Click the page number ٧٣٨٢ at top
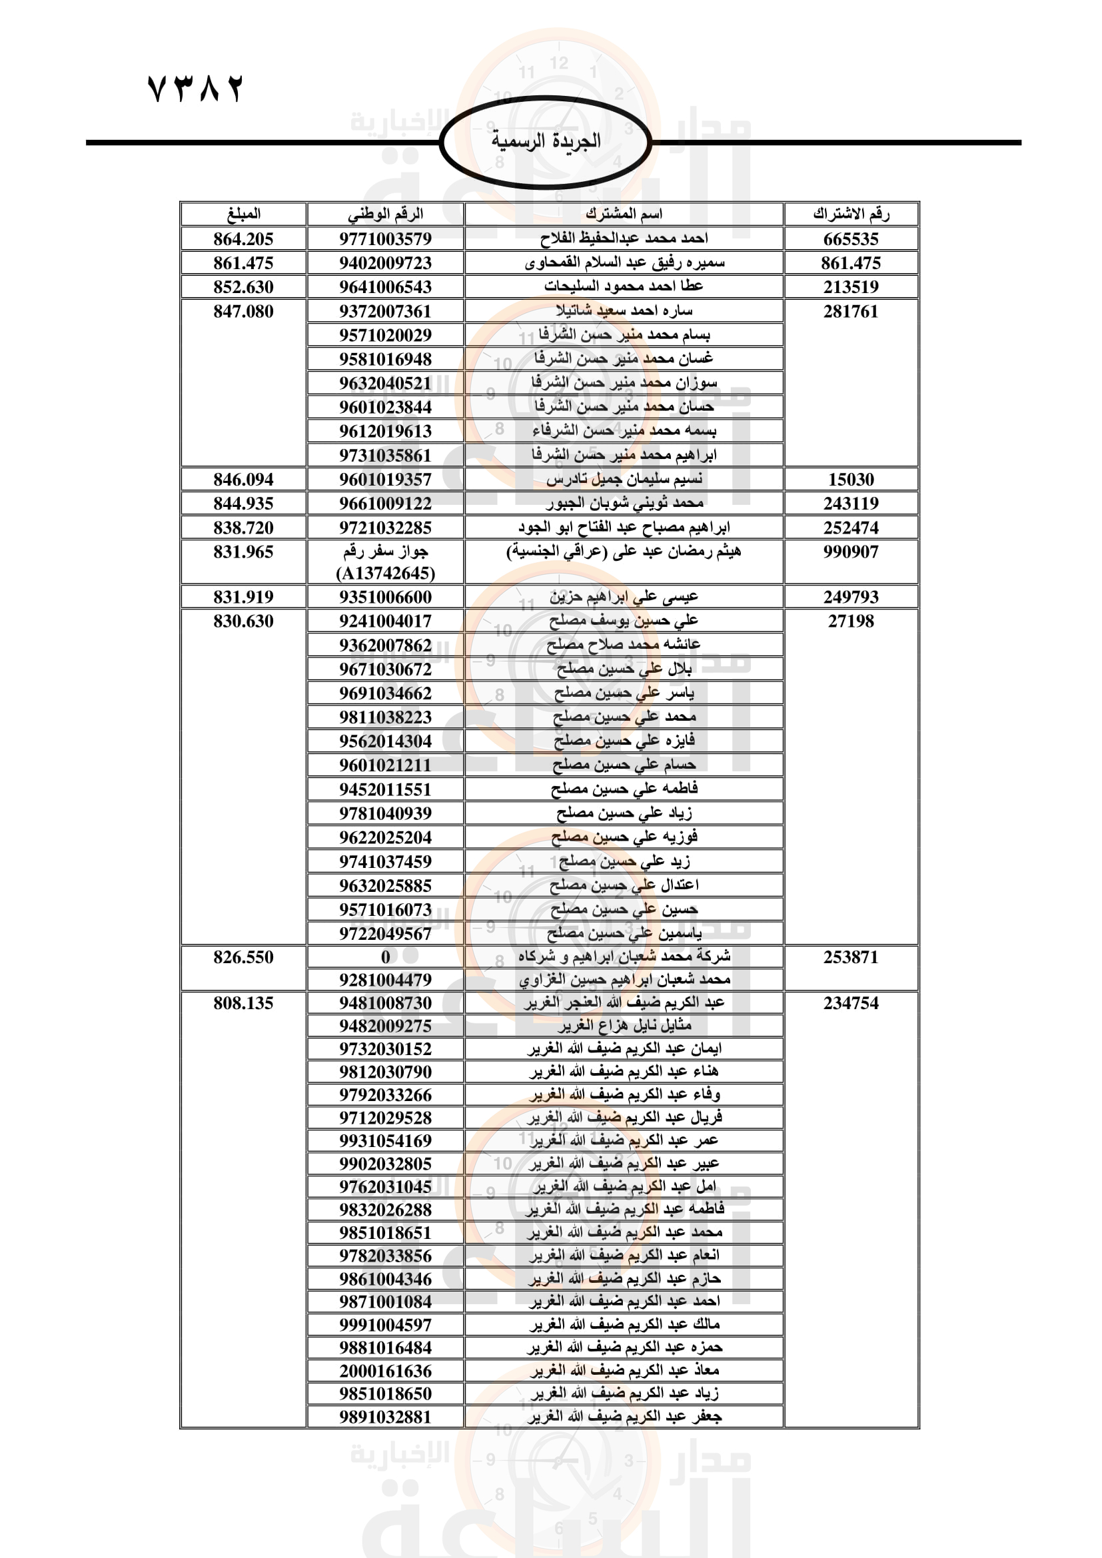coord(195,89)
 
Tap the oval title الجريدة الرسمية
coord(546,141)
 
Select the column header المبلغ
coord(243,214)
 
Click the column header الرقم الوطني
coord(385,214)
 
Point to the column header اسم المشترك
coord(624,214)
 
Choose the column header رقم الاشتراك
coord(851,214)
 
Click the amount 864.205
coord(243,239)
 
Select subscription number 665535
coord(851,239)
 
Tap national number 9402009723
coord(385,262)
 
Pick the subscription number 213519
coord(851,287)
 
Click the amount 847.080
coord(243,312)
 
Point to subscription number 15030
coord(851,479)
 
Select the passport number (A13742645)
coord(385,574)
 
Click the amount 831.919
coord(243,597)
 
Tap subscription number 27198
coord(851,621)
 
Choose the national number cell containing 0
coord(385,957)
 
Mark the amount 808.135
coord(243,1003)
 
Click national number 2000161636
coord(385,1371)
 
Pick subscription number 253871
coord(851,957)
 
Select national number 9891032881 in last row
coord(385,1417)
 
